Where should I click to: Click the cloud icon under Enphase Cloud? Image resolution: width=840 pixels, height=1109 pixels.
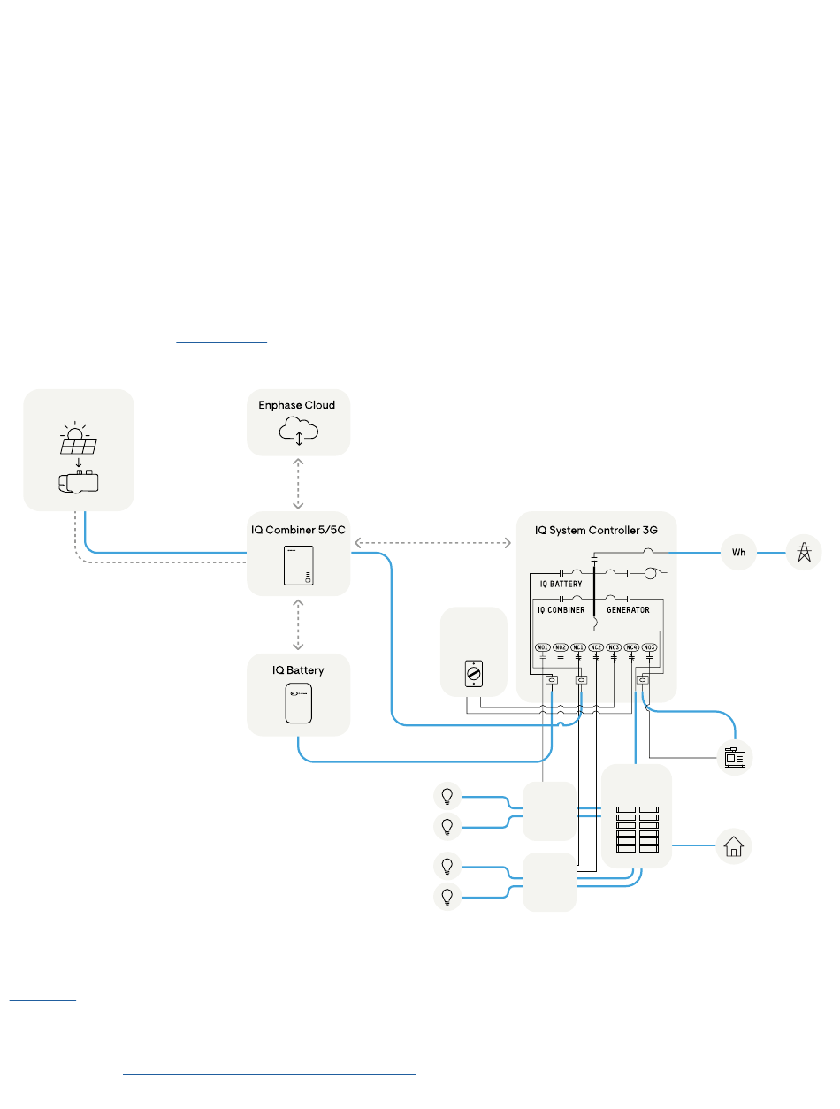click(298, 431)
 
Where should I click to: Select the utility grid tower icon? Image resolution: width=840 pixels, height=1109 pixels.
click(804, 553)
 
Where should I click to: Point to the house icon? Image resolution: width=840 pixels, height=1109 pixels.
click(733, 846)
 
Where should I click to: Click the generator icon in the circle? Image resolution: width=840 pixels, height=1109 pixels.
click(735, 758)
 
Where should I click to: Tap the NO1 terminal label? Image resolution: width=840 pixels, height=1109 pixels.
click(543, 647)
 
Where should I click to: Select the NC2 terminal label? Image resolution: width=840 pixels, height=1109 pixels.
click(596, 647)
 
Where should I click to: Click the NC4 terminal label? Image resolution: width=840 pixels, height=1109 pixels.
click(631, 647)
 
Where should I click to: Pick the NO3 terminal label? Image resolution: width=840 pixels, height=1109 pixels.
click(649, 647)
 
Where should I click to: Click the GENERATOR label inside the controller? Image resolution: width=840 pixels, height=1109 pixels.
click(628, 610)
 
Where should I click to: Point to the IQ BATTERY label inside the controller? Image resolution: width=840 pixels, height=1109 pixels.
click(561, 584)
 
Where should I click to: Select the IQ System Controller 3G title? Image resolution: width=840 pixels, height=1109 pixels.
click(597, 531)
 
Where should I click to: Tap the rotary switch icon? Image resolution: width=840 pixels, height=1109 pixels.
click(473, 675)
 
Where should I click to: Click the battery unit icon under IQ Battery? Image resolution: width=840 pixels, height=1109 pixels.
click(298, 703)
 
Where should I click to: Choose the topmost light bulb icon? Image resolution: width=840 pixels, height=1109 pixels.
click(447, 796)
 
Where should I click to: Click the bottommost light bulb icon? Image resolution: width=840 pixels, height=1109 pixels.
click(447, 896)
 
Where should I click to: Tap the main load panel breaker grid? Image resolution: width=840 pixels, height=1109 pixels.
click(638, 830)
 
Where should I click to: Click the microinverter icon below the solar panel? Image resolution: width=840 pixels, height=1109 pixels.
click(79, 483)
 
